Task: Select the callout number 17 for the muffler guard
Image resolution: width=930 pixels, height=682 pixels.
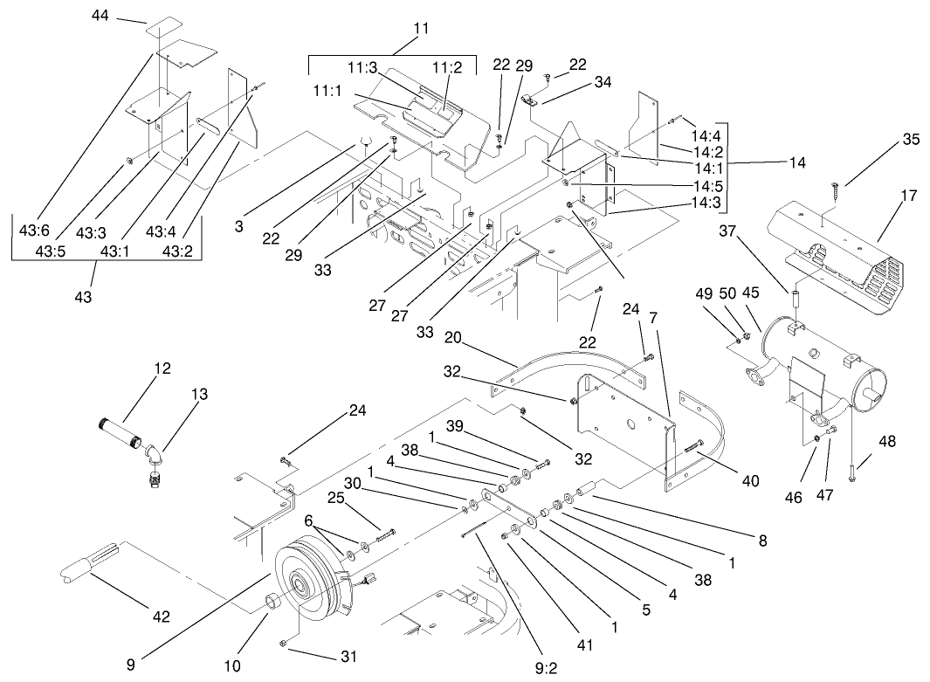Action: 909,195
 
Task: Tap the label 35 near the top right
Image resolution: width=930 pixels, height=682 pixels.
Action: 911,139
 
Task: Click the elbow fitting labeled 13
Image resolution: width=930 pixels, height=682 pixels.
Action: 155,459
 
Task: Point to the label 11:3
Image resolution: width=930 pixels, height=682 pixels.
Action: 362,67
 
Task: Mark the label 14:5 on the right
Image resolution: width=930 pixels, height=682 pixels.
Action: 706,185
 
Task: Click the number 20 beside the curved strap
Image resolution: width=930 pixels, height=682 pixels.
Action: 452,338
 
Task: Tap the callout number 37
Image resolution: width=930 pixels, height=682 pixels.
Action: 731,231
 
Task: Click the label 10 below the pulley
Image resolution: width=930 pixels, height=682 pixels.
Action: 232,666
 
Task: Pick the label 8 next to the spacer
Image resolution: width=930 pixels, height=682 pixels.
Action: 762,541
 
